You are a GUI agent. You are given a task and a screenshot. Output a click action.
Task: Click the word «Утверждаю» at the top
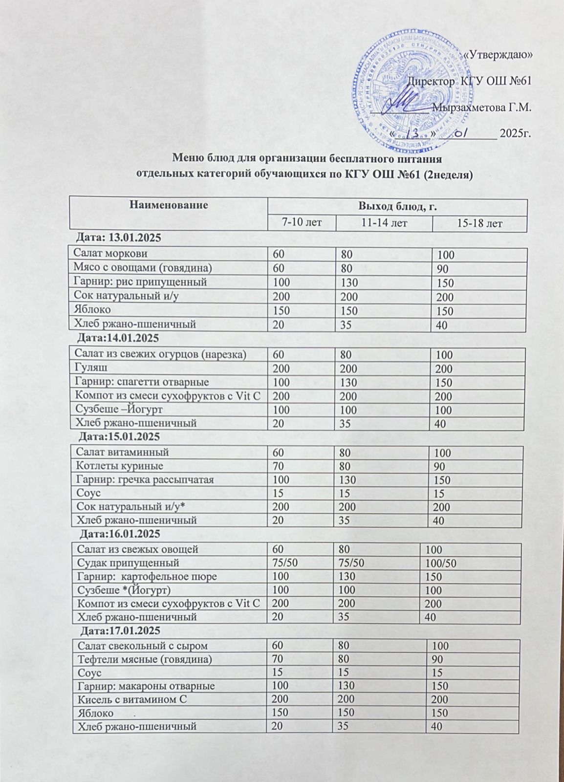coord(497,55)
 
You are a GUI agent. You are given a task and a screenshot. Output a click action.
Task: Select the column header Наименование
coord(169,205)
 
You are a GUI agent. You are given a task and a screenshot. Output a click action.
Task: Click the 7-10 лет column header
coord(302,223)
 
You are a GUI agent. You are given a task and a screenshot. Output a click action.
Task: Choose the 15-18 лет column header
coord(479,223)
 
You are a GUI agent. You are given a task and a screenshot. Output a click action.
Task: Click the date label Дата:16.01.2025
coord(120,533)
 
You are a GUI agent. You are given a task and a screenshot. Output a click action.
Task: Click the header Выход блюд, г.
coord(397,207)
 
